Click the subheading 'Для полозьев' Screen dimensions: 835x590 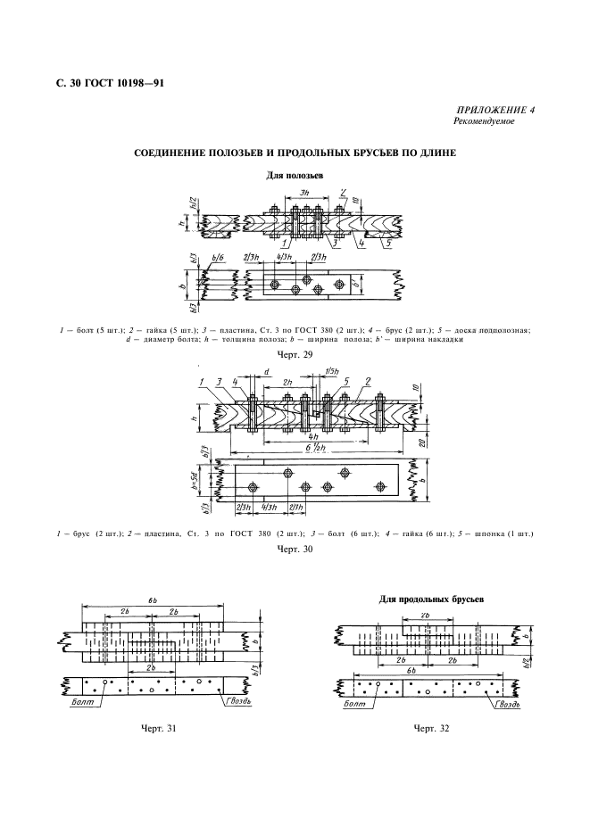point(294,176)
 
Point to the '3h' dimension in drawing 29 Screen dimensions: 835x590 point(305,193)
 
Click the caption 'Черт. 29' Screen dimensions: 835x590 point(294,353)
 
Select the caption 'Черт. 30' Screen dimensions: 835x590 point(294,550)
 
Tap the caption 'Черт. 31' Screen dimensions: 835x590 point(158,729)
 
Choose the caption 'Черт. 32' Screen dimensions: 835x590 point(430,729)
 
